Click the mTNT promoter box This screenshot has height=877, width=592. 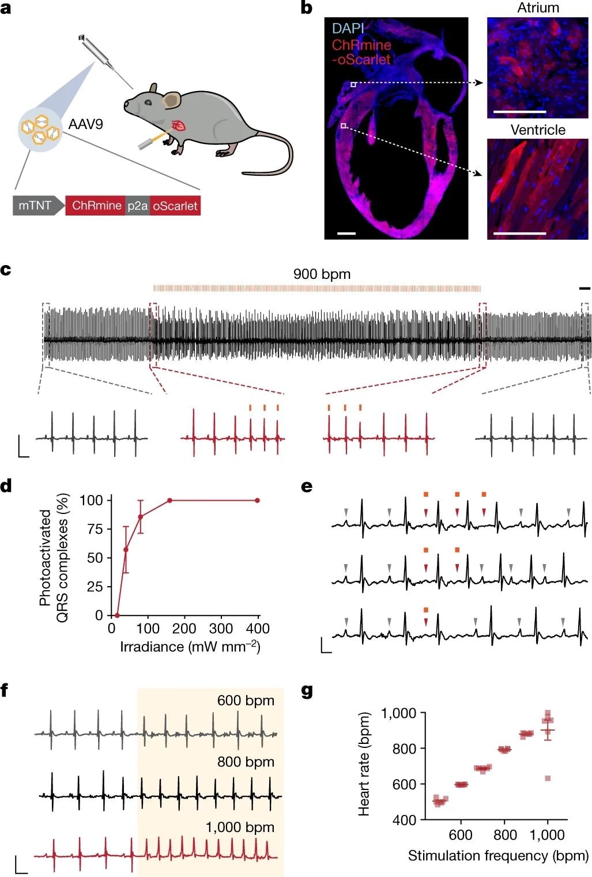[36, 206]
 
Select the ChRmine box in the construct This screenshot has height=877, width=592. [96, 206]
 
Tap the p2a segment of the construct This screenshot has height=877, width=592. [138, 206]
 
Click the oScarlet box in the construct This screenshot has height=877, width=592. [175, 206]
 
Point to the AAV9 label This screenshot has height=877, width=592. [85, 124]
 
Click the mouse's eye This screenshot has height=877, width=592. [148, 103]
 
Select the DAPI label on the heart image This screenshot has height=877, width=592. [348, 28]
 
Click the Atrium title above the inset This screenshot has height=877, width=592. [537, 8]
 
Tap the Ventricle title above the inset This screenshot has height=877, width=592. [537, 130]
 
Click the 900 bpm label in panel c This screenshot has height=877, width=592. [322, 274]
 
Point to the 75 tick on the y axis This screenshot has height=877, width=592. [96, 529]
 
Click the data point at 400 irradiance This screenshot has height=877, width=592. [257, 500]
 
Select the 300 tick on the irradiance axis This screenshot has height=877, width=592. [221, 629]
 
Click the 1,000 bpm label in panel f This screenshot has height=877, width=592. [240, 827]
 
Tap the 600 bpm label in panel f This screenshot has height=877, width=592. [246, 701]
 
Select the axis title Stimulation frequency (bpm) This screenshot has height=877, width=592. [498, 856]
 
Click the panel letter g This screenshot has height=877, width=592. [307, 691]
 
